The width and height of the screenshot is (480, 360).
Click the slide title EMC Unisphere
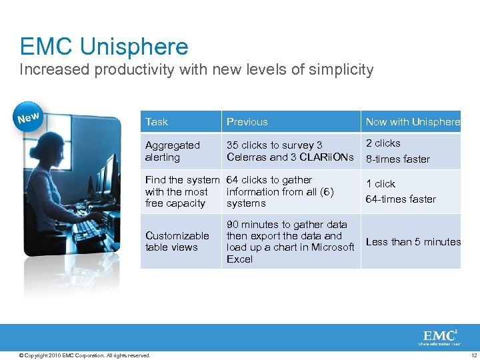pos(104,47)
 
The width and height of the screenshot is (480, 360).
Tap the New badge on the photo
pos(28,118)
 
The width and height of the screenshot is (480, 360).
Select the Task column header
pos(157,122)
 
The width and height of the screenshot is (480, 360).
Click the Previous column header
pos(247,122)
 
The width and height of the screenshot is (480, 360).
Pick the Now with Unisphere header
pos(412,122)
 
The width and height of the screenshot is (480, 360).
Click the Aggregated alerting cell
pos(172,151)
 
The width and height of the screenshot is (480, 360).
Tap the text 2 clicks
pos(383,143)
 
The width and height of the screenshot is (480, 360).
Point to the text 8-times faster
pos(397,159)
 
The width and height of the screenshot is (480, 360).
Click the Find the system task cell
pos(181,191)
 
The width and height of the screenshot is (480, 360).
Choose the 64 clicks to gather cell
pos(279,191)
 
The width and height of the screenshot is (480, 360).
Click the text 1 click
pos(380,184)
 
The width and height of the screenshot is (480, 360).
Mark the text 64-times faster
pos(401,199)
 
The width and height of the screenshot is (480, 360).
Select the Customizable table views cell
pos(177,241)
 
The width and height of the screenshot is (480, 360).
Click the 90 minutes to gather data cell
pos(290,241)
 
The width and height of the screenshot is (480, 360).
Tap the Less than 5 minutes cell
pos(413,242)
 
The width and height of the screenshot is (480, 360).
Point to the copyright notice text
pos(85,355)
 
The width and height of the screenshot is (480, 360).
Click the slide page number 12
pos(473,355)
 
